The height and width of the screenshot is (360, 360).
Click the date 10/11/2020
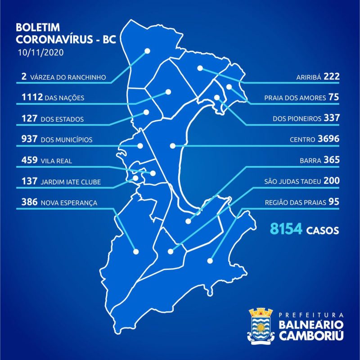(40, 52)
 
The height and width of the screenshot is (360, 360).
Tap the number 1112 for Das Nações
(31, 97)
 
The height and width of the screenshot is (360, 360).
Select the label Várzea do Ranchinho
(68, 77)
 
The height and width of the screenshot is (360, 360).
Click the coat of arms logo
(261, 325)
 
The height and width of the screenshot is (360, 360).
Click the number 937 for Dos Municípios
(29, 139)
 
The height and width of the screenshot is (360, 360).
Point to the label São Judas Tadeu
(292, 182)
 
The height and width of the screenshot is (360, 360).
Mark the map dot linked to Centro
(172, 146)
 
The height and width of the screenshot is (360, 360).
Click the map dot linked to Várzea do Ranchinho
(147, 51)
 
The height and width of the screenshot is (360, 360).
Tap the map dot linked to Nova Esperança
(136, 252)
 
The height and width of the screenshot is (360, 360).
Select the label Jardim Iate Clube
(70, 182)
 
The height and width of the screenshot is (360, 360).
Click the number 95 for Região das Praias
(333, 202)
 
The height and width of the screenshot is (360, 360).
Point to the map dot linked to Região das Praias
(210, 260)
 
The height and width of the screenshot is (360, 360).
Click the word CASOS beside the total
(322, 230)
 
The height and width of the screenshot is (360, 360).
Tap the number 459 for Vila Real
(29, 160)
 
